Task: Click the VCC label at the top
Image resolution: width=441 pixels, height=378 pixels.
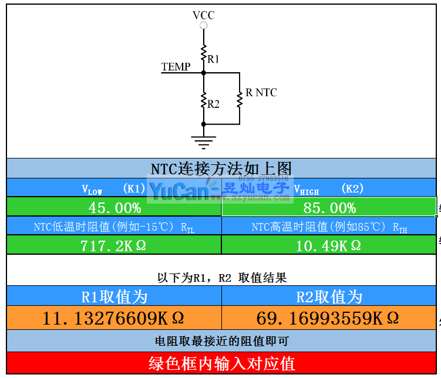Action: point(203,15)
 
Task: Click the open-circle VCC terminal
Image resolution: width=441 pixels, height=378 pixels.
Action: point(203,26)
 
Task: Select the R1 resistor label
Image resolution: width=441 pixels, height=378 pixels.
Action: point(213,59)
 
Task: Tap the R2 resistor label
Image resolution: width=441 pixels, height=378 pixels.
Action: point(213,104)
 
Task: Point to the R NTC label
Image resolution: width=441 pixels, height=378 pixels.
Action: point(261,93)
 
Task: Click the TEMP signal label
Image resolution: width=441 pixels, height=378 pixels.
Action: point(176,67)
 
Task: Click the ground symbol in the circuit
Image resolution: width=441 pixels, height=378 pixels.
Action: point(203,141)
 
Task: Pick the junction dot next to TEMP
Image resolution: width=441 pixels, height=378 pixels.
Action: point(203,73)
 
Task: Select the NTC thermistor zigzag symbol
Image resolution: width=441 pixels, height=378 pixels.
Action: point(240,99)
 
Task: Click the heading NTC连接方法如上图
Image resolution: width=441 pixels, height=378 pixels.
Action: point(221,168)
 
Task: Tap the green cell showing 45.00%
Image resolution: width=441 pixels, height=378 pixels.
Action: point(115,208)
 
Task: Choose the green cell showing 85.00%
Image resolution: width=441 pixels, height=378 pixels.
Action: point(329,208)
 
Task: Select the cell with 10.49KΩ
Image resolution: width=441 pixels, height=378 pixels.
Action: point(329,245)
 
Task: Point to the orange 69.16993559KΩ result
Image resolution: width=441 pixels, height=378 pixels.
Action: point(329,318)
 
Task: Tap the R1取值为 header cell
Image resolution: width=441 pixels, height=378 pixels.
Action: point(114,296)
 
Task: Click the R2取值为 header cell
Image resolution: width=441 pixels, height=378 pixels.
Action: point(329,296)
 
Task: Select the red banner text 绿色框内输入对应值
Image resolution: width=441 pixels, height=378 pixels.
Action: point(221,363)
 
